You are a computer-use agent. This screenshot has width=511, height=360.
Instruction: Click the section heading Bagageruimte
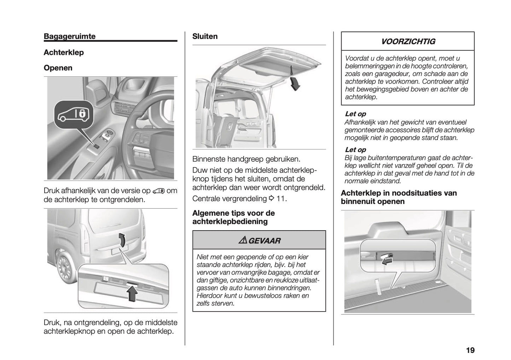[69, 36]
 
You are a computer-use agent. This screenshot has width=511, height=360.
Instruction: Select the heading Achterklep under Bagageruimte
[64, 53]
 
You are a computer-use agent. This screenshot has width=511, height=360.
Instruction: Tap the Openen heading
[58, 68]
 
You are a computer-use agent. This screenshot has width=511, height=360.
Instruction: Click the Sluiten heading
[205, 36]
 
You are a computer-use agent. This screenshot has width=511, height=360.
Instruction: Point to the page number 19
[470, 350]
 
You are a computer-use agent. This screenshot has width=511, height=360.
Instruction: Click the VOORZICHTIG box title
[408, 42]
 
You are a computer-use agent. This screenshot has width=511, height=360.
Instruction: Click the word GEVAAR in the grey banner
[264, 241]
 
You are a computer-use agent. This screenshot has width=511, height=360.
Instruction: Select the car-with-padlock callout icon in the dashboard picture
[74, 114]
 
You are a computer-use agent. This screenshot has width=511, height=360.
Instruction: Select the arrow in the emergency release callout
[388, 260]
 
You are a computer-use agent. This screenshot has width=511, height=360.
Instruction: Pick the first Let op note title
[355, 114]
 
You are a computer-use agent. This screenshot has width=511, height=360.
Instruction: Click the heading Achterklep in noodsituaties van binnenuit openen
[399, 197]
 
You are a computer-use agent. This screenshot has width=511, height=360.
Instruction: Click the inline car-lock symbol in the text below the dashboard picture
[158, 191]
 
